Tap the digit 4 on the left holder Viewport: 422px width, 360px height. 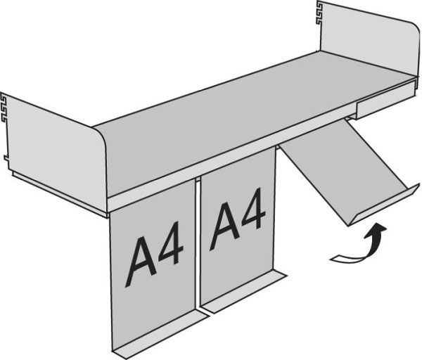[171, 243]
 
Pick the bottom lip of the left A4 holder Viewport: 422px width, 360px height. [160, 335]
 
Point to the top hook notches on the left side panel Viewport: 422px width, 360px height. [4, 107]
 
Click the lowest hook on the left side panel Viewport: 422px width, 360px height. [6, 159]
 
